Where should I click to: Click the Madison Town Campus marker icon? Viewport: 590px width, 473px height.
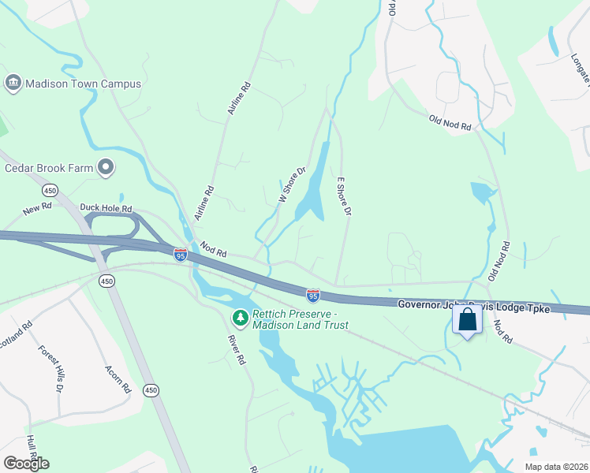point(13,84)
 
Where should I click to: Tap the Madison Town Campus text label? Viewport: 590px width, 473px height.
point(84,84)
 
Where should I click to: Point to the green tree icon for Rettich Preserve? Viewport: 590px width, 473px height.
point(239,318)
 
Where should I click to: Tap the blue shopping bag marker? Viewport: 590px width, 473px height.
point(467,320)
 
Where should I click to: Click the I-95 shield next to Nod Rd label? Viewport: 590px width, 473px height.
point(181,255)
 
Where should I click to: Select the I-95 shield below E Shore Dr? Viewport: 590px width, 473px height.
point(313,296)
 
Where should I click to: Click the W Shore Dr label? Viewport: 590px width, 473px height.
point(292,184)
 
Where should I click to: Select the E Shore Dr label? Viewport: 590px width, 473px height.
point(344,196)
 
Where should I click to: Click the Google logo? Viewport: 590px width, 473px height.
point(26,464)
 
